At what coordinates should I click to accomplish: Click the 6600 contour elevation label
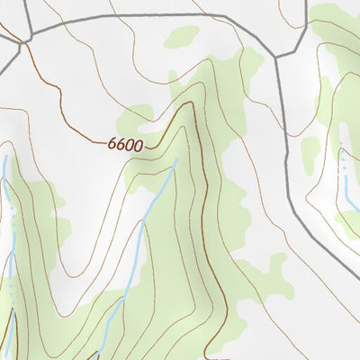coord(124,143)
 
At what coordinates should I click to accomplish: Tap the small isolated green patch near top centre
coord(183,36)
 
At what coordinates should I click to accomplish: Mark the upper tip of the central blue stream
coord(175,160)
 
